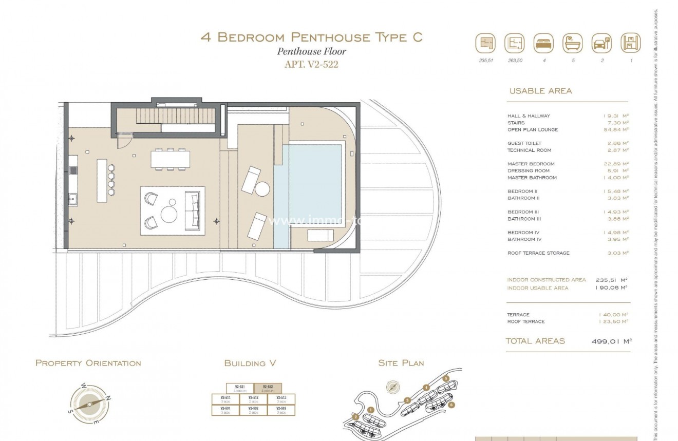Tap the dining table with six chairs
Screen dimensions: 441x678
coord(170,159)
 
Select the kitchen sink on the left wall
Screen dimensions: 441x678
coord(72,196)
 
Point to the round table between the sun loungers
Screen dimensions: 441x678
coord(262,189)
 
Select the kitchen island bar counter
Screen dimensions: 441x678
coord(102,177)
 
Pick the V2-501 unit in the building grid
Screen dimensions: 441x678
coord(225,410)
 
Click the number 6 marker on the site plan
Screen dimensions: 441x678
coord(451,405)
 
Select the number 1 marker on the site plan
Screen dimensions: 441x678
coord(370,410)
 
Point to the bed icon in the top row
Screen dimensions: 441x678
coord(544,44)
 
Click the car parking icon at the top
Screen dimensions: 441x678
coord(601,44)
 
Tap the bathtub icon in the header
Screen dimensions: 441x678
coord(573,44)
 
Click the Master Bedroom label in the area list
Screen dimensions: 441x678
coord(531,164)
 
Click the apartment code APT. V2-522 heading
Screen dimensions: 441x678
coord(311,65)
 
